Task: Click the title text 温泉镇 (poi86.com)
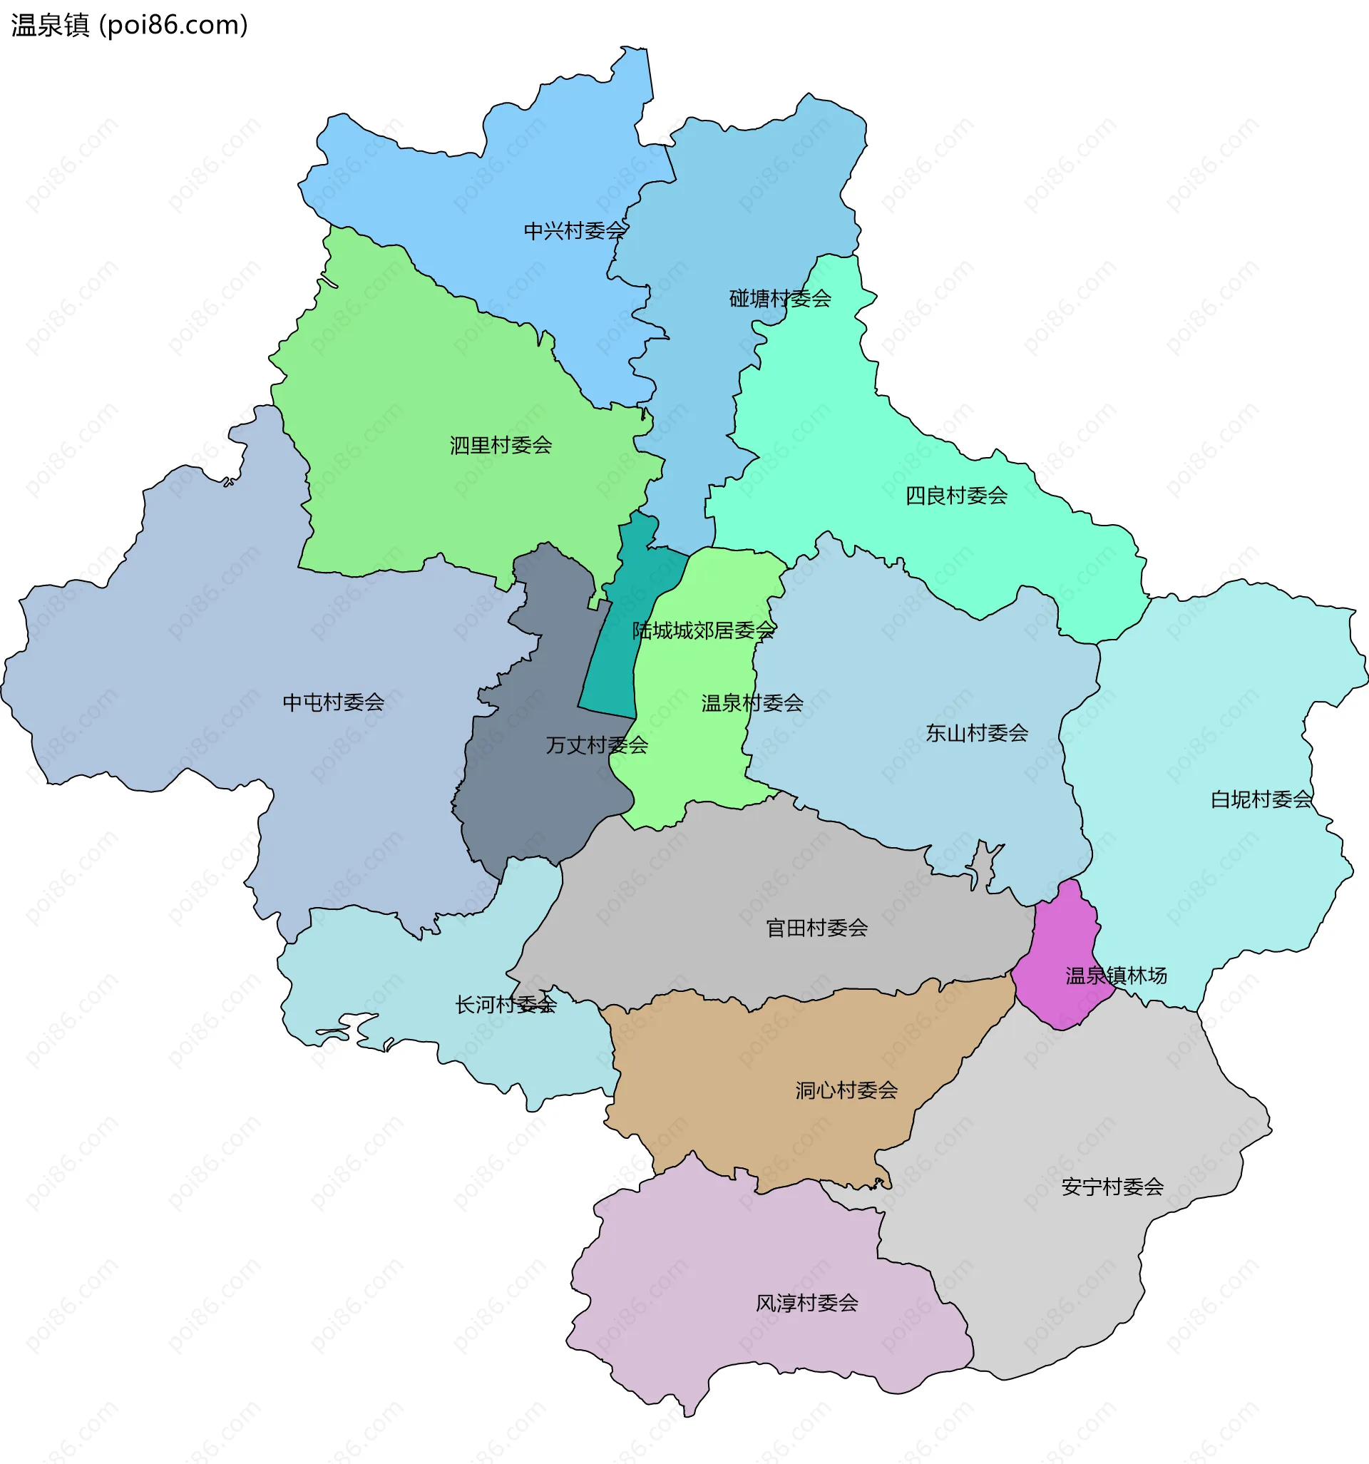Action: (130, 26)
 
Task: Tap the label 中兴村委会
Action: (575, 231)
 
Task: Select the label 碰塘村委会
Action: (780, 298)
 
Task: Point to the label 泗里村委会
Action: (501, 446)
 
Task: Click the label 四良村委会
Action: (956, 496)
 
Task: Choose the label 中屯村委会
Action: (334, 702)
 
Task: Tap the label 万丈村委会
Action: (597, 745)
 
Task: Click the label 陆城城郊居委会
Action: (703, 630)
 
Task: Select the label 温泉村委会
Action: (752, 703)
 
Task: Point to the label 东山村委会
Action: (977, 733)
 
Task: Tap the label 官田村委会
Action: (816, 928)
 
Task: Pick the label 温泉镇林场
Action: (1116, 976)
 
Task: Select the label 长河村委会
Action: (506, 1005)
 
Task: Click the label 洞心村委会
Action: (846, 1090)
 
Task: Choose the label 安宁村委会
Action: (1112, 1187)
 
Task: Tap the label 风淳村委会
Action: (807, 1303)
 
